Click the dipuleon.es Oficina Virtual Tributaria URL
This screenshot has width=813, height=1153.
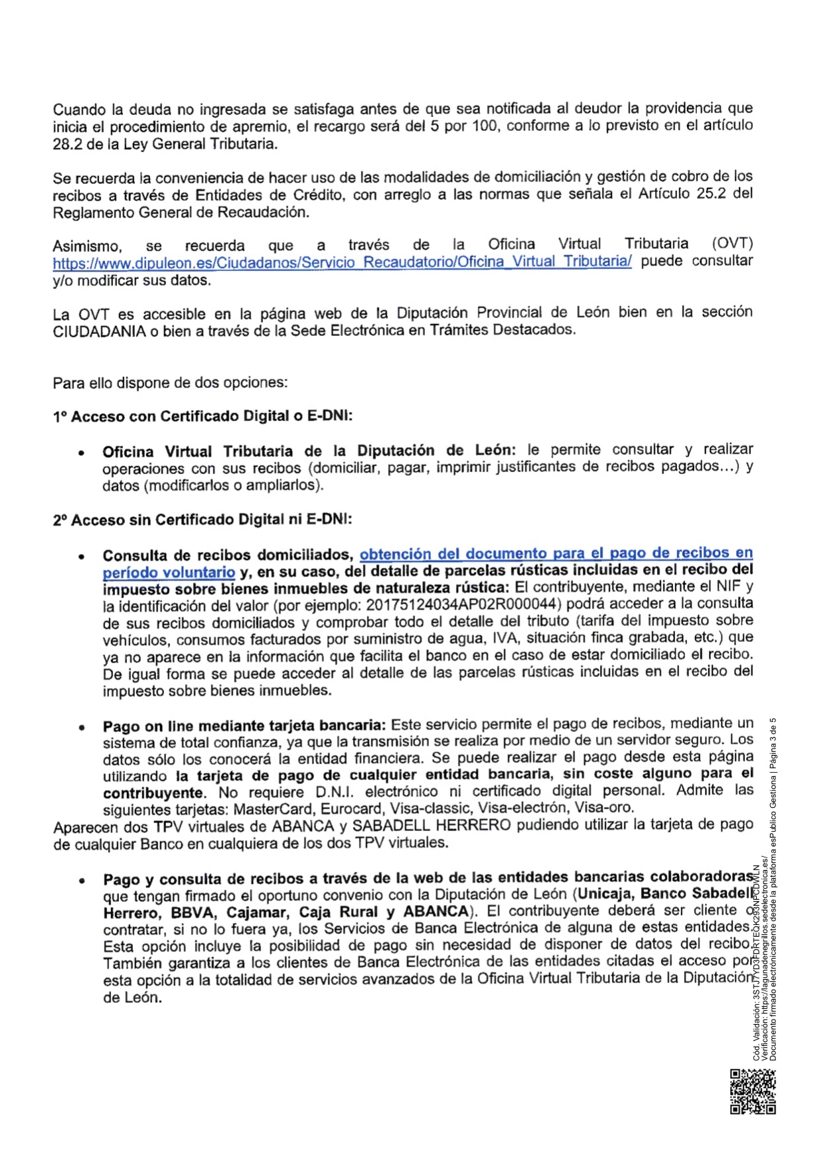[342, 262]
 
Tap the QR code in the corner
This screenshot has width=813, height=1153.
[752, 1092]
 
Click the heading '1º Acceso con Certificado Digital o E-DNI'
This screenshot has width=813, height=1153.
[203, 417]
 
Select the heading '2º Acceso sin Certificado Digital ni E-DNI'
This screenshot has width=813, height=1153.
[202, 520]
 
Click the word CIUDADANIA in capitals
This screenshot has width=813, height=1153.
[99, 331]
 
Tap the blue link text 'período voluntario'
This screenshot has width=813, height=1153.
[169, 572]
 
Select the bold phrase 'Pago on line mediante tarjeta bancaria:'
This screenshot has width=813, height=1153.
[244, 726]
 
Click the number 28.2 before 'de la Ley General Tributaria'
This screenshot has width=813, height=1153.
[67, 144]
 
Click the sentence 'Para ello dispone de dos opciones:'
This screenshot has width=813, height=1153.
[170, 383]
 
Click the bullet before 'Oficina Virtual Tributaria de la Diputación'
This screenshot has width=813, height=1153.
[81, 454]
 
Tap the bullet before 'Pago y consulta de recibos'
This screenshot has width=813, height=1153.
[81, 881]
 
